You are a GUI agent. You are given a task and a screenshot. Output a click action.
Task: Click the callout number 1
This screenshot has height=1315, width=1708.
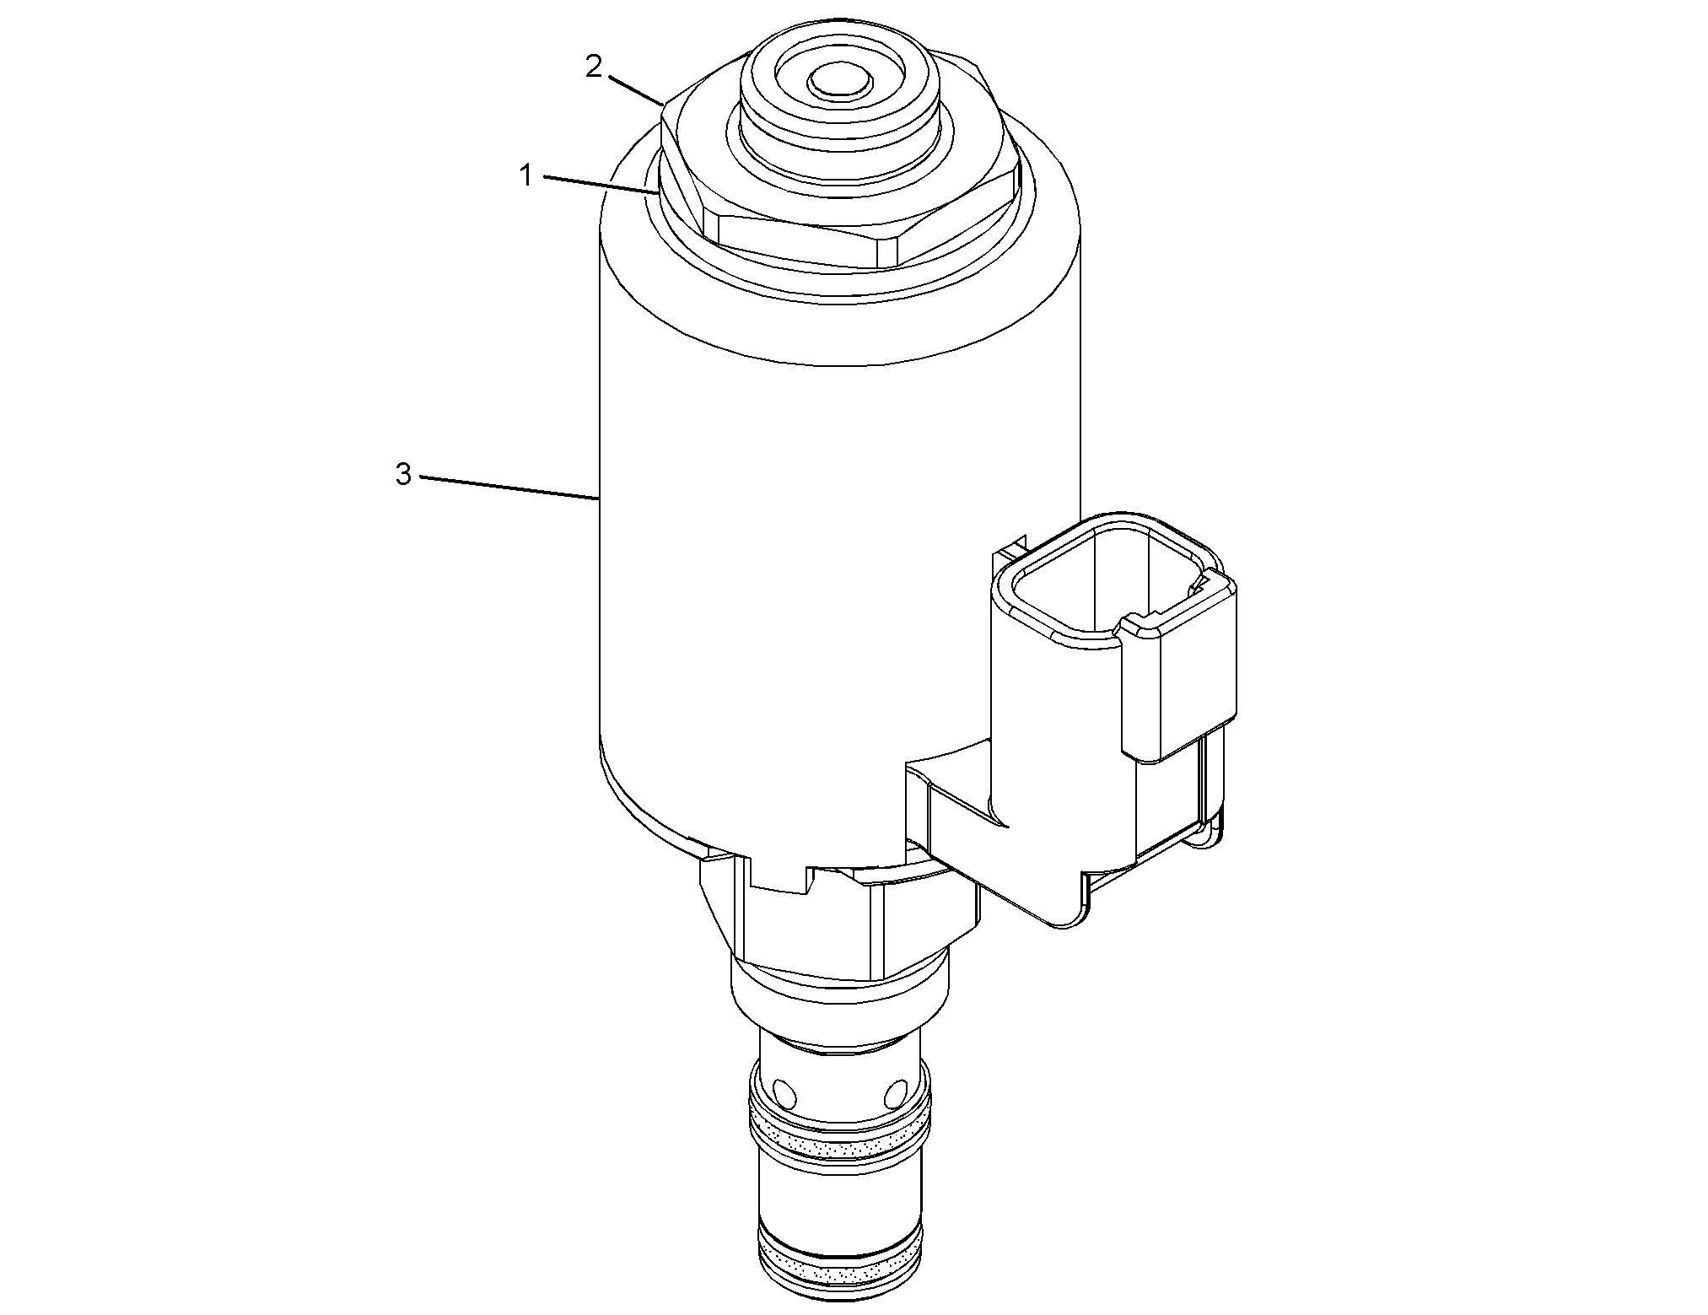click(526, 177)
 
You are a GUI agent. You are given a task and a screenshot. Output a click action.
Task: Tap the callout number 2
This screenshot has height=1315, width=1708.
click(595, 67)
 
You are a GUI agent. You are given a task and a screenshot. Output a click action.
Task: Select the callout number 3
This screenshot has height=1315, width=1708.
click(404, 475)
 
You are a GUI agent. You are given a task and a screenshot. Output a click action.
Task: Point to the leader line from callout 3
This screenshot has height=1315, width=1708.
click(509, 488)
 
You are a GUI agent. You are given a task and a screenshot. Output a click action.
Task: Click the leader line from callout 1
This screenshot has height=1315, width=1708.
click(601, 185)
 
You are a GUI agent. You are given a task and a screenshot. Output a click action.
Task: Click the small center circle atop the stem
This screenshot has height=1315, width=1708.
click(838, 83)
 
